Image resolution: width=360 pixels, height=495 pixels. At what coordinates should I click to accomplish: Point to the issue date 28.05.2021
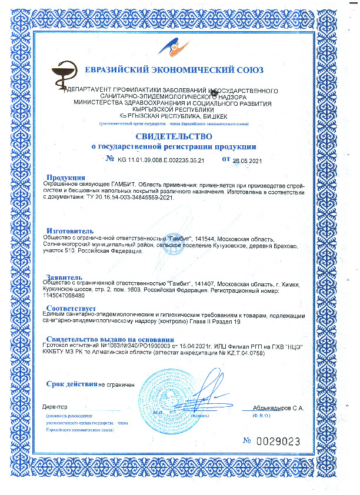point(246,160)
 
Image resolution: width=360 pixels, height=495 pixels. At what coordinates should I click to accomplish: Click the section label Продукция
point(66,178)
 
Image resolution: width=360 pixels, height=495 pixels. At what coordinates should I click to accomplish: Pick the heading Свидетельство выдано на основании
point(110,339)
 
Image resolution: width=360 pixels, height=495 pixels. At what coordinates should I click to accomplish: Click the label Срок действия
point(71,384)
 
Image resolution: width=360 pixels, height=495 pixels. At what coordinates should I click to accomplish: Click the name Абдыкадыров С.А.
point(278,407)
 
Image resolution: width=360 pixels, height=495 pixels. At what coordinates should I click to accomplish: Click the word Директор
point(55,407)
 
